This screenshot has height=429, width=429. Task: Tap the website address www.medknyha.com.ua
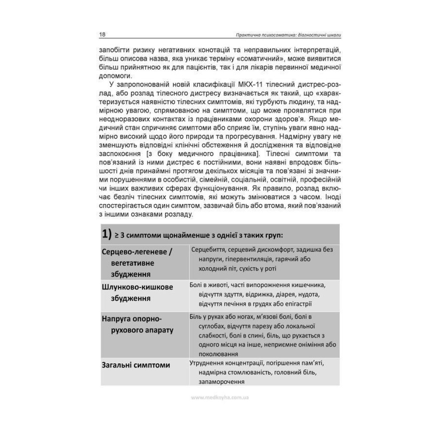pyautogui.click(x=219, y=397)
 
